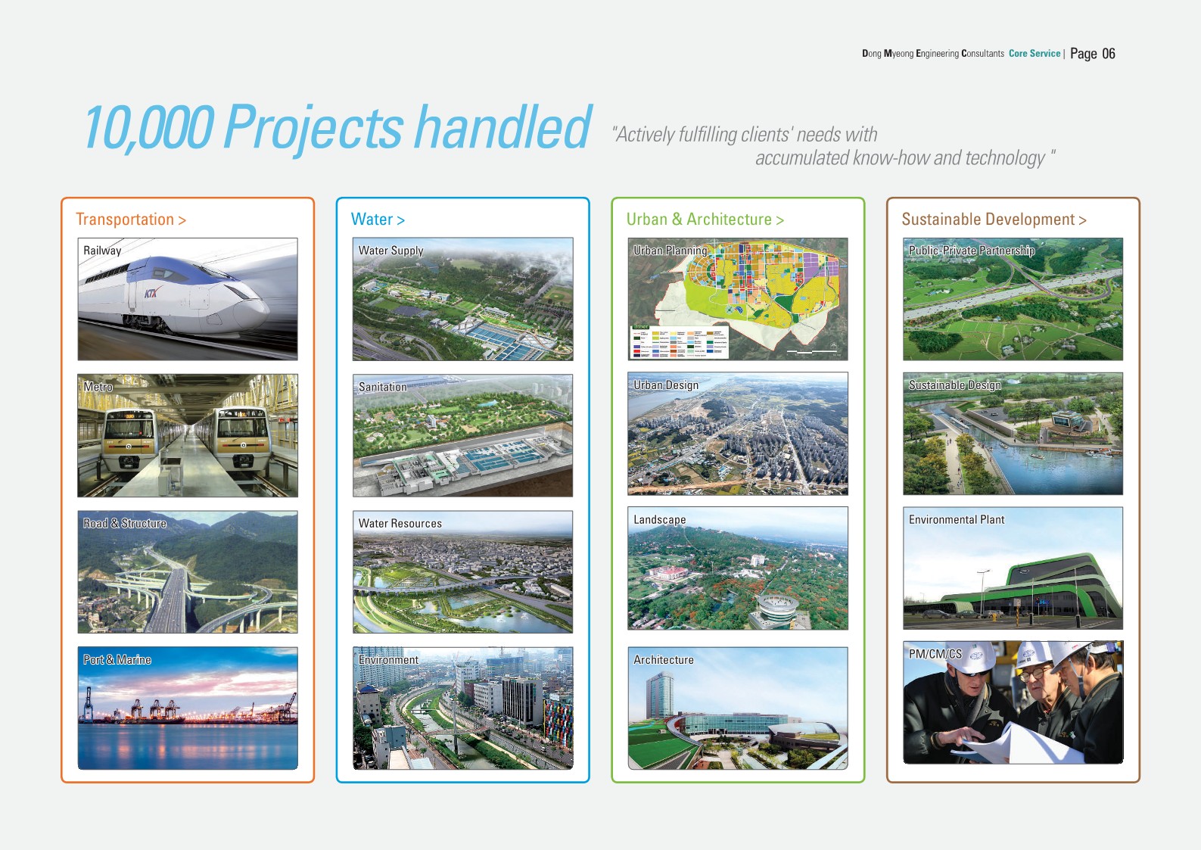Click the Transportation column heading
130,220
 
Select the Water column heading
378,220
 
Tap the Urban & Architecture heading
705,220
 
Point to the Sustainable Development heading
994,220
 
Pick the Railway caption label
102,251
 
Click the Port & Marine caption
117,659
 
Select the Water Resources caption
400,524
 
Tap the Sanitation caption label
383,387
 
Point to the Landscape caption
659,520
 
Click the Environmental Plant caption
957,520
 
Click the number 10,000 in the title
149,128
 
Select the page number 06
1109,54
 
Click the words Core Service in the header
1035,54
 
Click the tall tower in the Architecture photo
660,696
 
